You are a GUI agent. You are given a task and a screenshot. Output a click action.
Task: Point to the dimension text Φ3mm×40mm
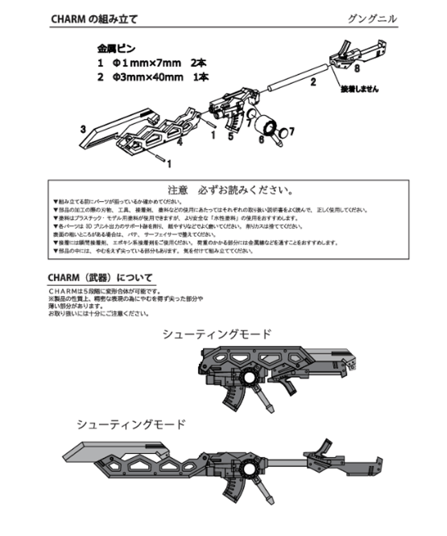(148, 78)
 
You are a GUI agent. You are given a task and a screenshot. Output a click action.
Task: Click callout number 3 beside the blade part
(83, 129)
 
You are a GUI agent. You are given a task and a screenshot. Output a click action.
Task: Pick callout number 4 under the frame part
(180, 143)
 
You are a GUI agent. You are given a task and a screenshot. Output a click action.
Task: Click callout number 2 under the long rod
(313, 82)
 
